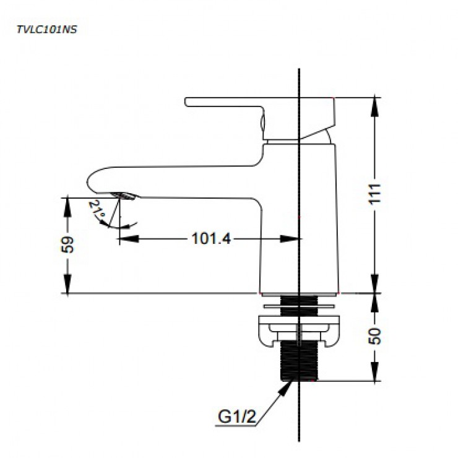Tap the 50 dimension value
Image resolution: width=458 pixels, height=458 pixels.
[x=376, y=336]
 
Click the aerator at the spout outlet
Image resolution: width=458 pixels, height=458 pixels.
[x=124, y=196]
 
